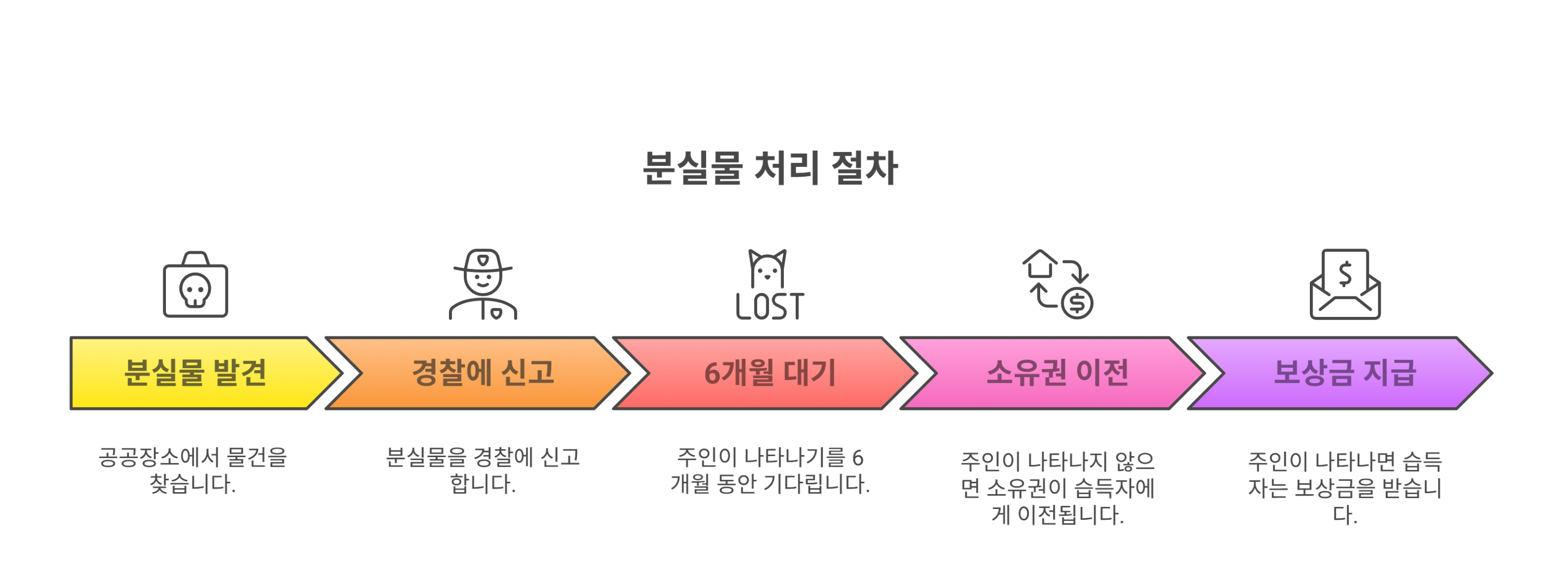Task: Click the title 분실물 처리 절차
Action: [770, 167]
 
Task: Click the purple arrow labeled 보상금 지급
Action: [1344, 373]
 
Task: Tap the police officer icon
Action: [483, 285]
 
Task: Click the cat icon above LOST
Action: [767, 269]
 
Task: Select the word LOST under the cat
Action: [770, 307]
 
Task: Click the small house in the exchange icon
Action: [1040, 264]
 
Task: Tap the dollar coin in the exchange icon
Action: [1077, 304]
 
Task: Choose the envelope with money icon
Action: [1345, 285]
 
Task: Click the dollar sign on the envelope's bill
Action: [1345, 274]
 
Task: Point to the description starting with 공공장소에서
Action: [193, 471]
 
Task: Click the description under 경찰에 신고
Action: [482, 471]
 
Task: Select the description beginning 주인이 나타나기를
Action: [769, 471]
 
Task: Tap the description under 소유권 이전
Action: [1057, 487]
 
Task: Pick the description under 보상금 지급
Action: [1344, 487]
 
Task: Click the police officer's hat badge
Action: [483, 260]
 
